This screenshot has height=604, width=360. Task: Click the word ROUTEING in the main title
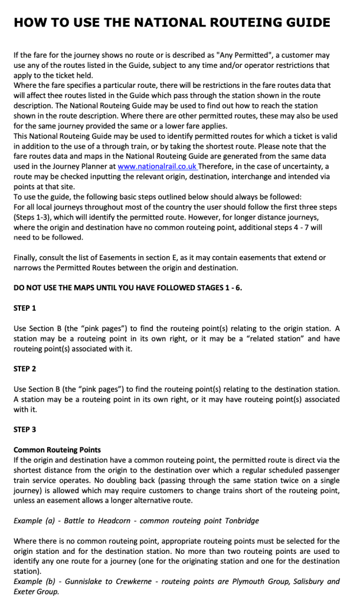pyautogui.click(x=251, y=22)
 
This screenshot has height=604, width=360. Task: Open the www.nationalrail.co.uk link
pyautogui.click(x=158, y=167)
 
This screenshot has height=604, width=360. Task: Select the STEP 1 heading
pyautogui.click(x=24, y=308)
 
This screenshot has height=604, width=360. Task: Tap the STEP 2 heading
pyautogui.click(x=24, y=369)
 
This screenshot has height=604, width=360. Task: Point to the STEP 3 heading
pyautogui.click(x=24, y=429)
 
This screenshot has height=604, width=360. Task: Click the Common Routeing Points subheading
pyautogui.click(x=57, y=450)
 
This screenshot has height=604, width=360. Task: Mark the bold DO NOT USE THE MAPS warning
pyautogui.click(x=127, y=287)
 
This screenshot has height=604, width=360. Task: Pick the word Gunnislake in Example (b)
pyautogui.click(x=84, y=582)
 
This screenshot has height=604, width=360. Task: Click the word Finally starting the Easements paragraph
pyautogui.click(x=27, y=258)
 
